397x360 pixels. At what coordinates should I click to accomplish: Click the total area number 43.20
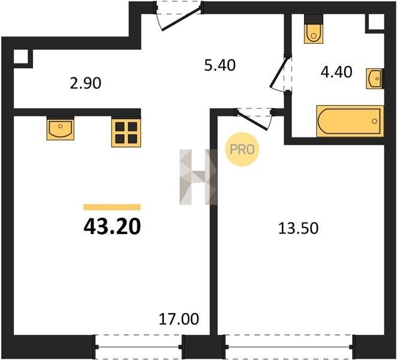click(112, 226)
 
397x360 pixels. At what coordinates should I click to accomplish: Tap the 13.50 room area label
click(298, 228)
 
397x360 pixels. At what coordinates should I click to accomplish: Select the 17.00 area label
click(179, 319)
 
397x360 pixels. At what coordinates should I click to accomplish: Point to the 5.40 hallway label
click(219, 65)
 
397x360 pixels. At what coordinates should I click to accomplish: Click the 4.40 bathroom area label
click(336, 71)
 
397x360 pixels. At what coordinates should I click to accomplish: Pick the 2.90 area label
click(86, 83)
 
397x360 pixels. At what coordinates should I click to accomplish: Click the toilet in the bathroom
click(314, 29)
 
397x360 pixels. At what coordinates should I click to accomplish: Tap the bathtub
click(350, 121)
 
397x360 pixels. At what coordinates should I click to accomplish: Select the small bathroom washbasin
click(375, 79)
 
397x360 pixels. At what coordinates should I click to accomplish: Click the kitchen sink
click(61, 128)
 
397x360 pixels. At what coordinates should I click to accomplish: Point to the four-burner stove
click(126, 133)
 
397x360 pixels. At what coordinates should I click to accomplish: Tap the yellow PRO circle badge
click(242, 149)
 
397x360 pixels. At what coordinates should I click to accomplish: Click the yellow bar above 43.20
click(112, 207)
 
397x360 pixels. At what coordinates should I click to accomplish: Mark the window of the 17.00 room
click(139, 347)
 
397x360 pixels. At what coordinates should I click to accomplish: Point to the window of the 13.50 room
click(289, 347)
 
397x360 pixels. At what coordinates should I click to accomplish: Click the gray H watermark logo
click(198, 177)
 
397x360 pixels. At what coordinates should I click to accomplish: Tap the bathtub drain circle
click(374, 121)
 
